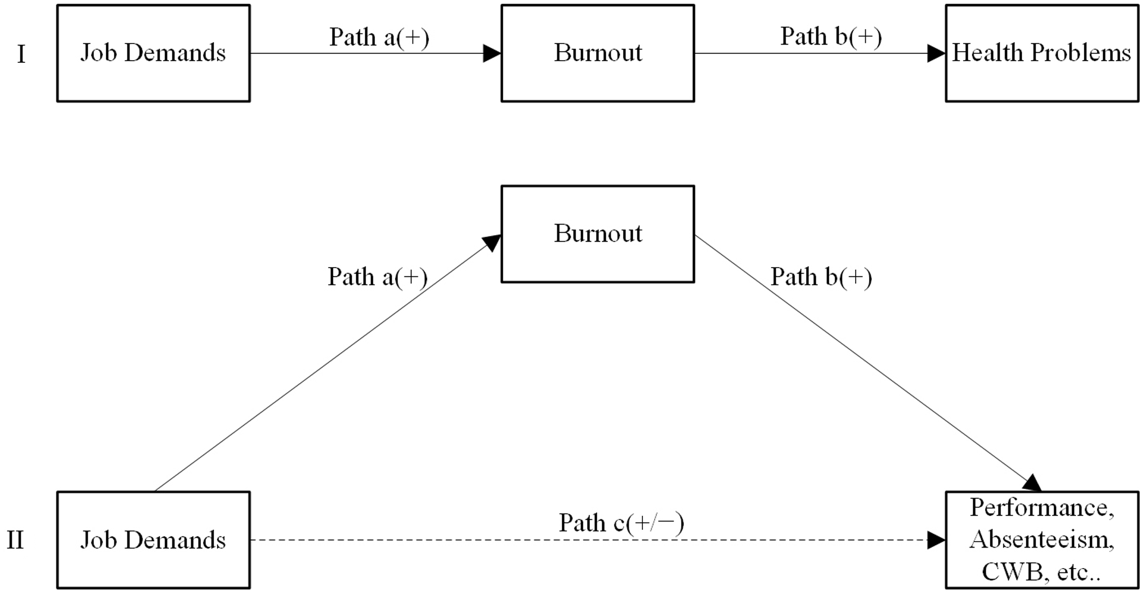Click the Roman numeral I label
pyautogui.click(x=21, y=54)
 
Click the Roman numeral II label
pyautogui.click(x=16, y=540)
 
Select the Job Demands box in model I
pyautogui.click(x=153, y=53)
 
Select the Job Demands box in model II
pyautogui.click(x=153, y=540)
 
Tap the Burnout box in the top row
pyautogui.click(x=597, y=53)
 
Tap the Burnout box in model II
pyautogui.click(x=597, y=234)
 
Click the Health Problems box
pyautogui.click(x=1041, y=53)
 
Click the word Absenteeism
pyautogui.click(x=1041, y=539)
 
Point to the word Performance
pyautogui.click(x=1041, y=508)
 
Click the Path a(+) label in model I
pyautogui.click(x=379, y=37)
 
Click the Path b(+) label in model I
pyautogui.click(x=830, y=37)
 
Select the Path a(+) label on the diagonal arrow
pyautogui.click(x=378, y=277)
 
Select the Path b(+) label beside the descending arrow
pyautogui.click(x=821, y=277)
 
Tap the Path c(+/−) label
pyautogui.click(x=621, y=522)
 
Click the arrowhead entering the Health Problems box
pyautogui.click(x=936, y=53)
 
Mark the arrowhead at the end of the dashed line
pyautogui.click(x=936, y=540)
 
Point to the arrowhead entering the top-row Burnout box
pyautogui.click(x=491, y=53)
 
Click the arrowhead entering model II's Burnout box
pyautogui.click(x=492, y=242)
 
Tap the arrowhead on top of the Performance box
pyautogui.click(x=1032, y=483)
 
